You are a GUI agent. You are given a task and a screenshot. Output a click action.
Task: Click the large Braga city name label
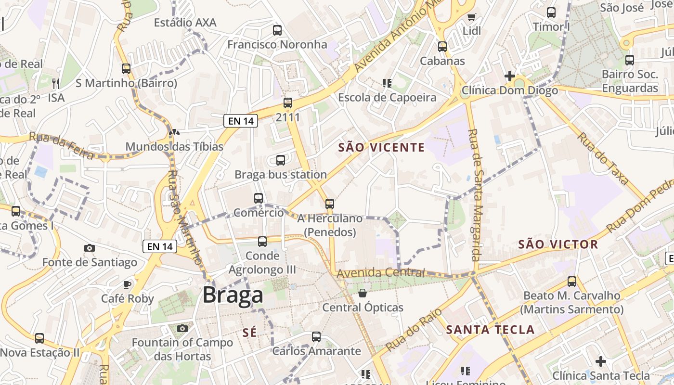coord(233,295)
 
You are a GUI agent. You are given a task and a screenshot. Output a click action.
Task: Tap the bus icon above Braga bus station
coord(281,160)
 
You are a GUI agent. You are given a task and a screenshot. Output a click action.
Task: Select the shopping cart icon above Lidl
coord(471,17)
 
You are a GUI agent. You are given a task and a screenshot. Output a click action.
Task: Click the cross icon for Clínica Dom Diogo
coord(509,76)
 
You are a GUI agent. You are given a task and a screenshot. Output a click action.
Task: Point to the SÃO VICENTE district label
coord(381,147)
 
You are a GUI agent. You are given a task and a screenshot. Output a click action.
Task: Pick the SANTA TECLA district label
coord(490,330)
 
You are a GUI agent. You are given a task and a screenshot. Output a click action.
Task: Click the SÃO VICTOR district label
coord(558,244)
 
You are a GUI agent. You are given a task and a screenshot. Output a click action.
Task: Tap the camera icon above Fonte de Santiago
coord(90,248)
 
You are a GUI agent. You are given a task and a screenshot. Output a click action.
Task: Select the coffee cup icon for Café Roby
coord(127,284)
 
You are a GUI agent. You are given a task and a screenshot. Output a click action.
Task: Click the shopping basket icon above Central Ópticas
coord(363,293)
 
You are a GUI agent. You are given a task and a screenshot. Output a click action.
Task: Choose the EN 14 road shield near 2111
coord(241,121)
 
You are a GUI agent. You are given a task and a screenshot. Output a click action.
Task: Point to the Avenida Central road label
coord(381,273)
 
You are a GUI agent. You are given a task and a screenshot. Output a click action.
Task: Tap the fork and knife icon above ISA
coord(56,84)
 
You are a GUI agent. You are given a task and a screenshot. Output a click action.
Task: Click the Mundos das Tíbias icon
coord(174,132)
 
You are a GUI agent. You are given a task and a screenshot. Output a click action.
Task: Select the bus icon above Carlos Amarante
coord(316,337)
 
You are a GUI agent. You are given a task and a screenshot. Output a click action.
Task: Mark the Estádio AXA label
coord(185,23)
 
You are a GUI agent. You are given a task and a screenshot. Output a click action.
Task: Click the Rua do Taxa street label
coord(603,159)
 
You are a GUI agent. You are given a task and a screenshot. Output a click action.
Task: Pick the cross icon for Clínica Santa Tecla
coord(601,361)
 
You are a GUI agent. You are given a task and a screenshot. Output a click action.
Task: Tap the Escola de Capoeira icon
coord(387,83)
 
